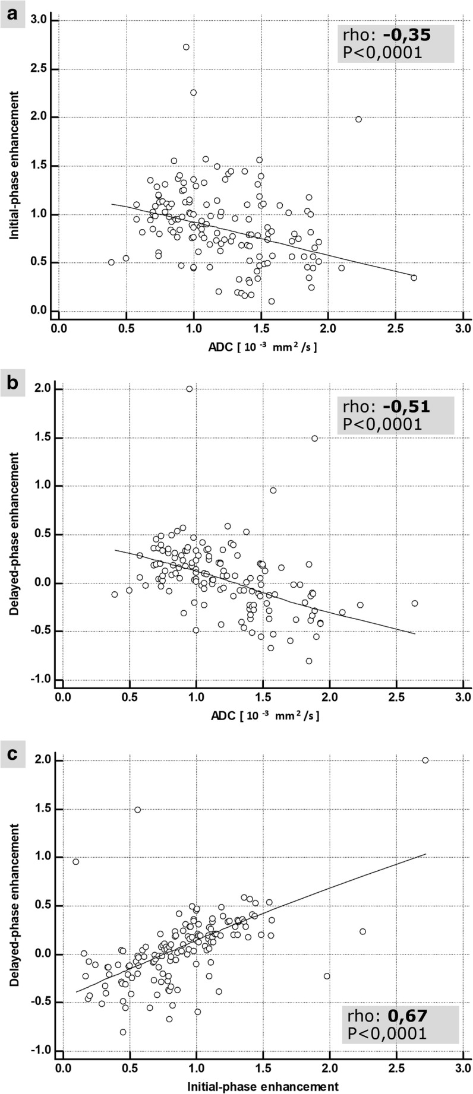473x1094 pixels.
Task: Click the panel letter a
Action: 12,11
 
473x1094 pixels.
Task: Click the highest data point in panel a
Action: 186,47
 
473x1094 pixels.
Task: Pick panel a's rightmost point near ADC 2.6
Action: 414,277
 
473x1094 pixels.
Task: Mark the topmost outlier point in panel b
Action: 189,389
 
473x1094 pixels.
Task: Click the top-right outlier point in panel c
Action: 425,760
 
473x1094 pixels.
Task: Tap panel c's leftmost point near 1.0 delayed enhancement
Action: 75,861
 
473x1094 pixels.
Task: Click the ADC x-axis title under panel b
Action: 262,715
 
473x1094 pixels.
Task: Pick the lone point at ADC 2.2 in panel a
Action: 358,119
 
